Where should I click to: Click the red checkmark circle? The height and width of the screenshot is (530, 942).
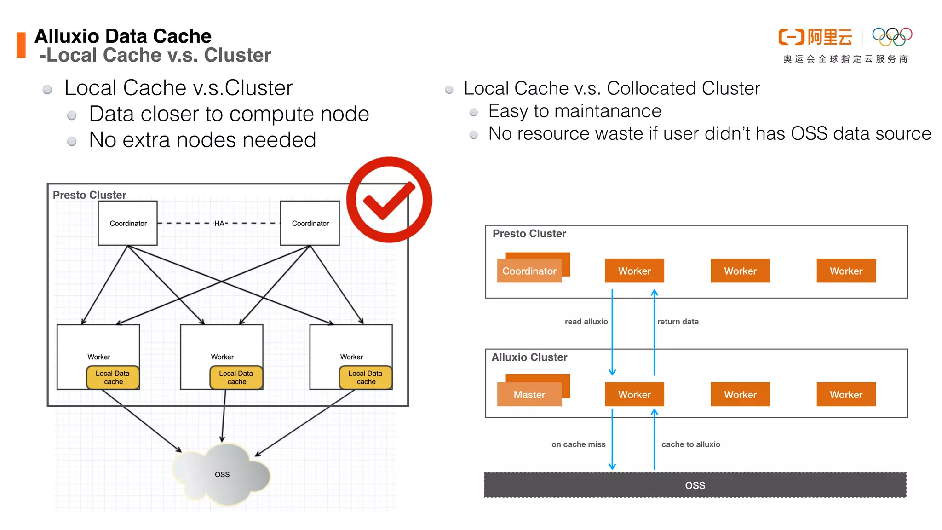pyautogui.click(x=389, y=199)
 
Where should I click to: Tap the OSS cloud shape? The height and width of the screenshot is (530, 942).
pyautogui.click(x=222, y=474)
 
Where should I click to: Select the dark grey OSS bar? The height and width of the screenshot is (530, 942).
pyautogui.click(x=695, y=485)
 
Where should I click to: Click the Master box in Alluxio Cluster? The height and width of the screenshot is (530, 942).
pyautogui.click(x=529, y=394)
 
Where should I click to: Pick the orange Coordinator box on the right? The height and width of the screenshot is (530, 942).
pyautogui.click(x=529, y=271)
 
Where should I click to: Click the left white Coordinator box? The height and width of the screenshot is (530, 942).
pyautogui.click(x=128, y=223)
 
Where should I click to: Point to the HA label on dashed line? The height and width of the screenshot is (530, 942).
pyautogui.click(x=219, y=223)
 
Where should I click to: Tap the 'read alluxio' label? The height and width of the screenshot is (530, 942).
pyautogui.click(x=586, y=322)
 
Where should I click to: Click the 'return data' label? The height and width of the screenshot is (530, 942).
pyautogui.click(x=678, y=322)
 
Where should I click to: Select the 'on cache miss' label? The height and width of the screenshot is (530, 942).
pyautogui.click(x=578, y=444)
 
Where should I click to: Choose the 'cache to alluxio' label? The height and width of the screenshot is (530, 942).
pyautogui.click(x=690, y=444)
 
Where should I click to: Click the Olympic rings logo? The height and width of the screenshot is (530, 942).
pyautogui.click(x=892, y=37)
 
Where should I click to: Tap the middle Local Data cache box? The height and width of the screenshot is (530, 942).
pyautogui.click(x=236, y=377)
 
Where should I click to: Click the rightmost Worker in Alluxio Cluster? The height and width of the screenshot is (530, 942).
pyautogui.click(x=846, y=394)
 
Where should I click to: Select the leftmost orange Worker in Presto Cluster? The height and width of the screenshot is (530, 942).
pyautogui.click(x=634, y=271)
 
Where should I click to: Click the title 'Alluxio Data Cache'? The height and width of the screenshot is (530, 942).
pyautogui.click(x=123, y=36)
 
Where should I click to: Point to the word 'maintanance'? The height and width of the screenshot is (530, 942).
pyautogui.click(x=608, y=111)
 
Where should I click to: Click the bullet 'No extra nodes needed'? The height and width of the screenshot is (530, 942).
pyautogui.click(x=202, y=140)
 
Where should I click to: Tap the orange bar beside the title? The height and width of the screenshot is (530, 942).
pyautogui.click(x=21, y=45)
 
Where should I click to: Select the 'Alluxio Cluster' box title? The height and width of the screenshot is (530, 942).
pyautogui.click(x=529, y=357)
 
